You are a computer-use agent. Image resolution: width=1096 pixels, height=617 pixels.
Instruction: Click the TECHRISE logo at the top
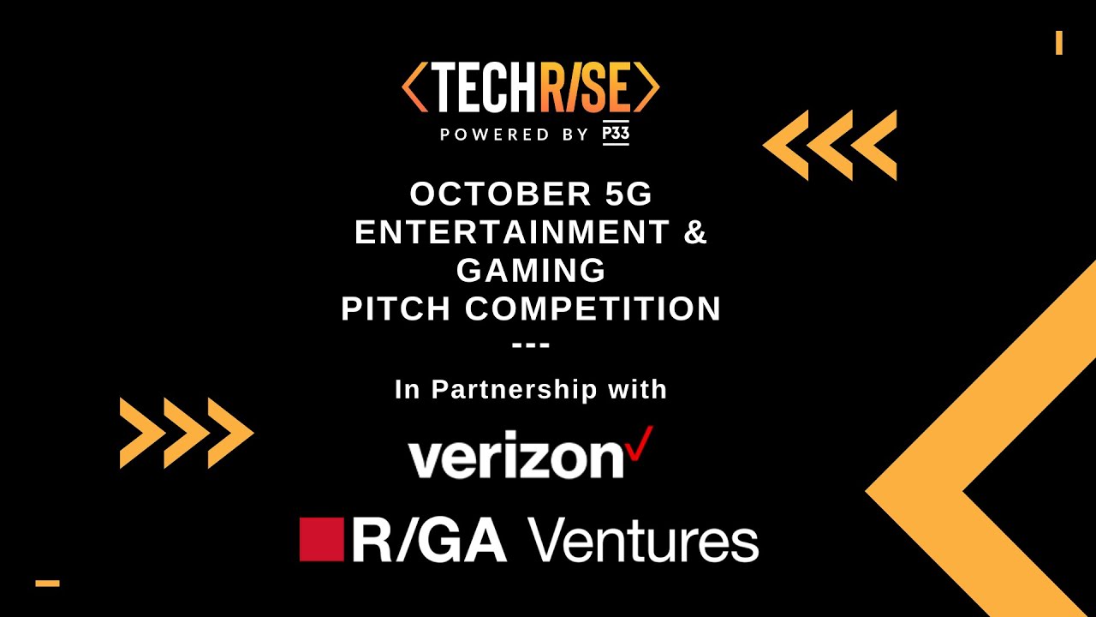(531, 87)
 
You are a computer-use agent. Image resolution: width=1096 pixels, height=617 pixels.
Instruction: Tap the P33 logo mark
(616, 135)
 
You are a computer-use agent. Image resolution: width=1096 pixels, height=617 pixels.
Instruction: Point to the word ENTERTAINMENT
(512, 232)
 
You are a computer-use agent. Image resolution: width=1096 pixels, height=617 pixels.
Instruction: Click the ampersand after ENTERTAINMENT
(696, 232)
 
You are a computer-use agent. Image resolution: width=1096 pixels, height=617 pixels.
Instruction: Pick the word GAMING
(531, 270)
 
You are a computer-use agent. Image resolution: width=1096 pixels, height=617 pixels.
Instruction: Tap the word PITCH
(397, 308)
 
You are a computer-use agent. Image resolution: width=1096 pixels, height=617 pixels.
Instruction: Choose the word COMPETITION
(593, 308)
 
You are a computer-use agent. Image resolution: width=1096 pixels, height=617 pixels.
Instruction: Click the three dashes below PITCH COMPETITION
(531, 346)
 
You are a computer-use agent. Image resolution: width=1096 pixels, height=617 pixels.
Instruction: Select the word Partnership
(514, 390)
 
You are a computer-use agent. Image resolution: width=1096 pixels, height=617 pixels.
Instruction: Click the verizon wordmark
(516, 458)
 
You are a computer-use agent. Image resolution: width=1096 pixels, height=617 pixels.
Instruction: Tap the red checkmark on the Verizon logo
(640, 443)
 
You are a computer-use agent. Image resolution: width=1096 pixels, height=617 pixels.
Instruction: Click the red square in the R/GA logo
(321, 539)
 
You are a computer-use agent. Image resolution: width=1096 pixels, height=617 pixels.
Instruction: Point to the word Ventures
(642, 541)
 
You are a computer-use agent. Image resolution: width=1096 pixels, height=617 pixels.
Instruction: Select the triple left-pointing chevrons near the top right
(829, 145)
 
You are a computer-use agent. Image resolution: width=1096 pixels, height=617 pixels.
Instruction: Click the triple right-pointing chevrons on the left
(187, 433)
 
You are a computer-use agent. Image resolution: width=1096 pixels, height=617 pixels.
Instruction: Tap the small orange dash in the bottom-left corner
(47, 584)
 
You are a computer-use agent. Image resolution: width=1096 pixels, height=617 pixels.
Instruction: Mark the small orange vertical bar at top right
(1059, 43)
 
